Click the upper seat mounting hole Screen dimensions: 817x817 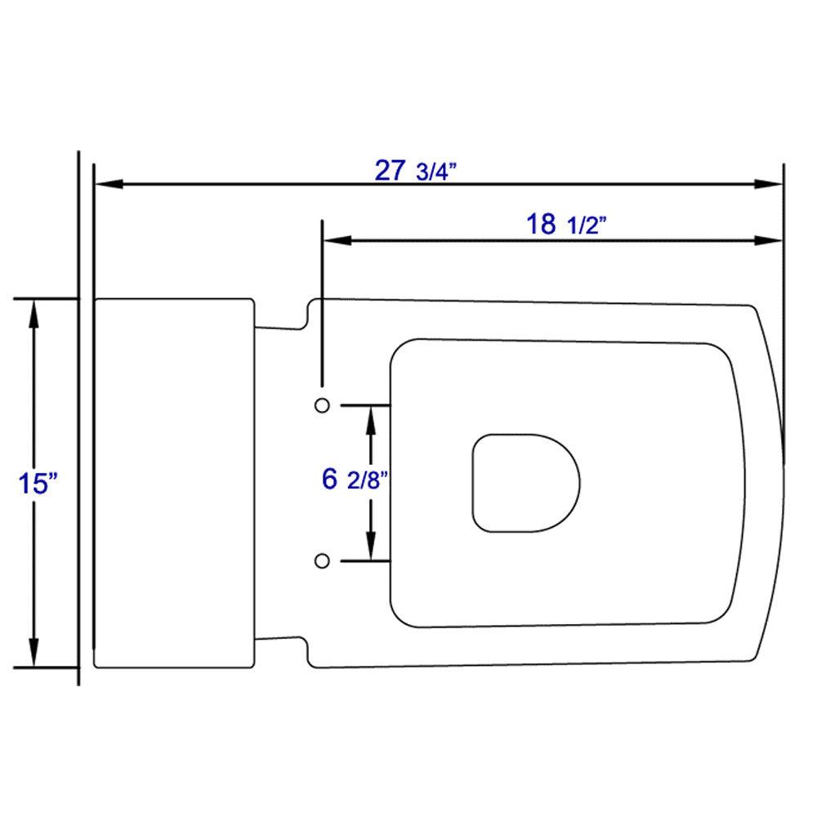pos(322,405)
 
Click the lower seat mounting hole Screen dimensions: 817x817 pos(322,560)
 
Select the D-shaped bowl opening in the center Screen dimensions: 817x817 pos(525,482)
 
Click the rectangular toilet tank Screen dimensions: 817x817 pos(174,482)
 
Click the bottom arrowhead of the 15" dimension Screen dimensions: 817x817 pos(34,654)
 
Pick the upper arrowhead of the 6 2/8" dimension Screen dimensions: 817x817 pos(372,417)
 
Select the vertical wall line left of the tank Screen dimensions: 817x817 pos(78,490)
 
